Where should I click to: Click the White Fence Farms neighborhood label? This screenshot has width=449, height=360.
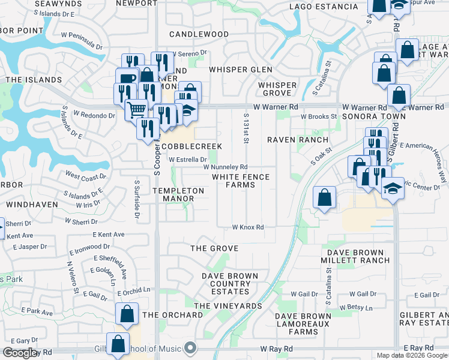pyautogui.click(x=241, y=181)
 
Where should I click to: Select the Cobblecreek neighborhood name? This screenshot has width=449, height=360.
pyautogui.click(x=192, y=146)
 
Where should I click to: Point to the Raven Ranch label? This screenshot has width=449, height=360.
pyautogui.click(x=294, y=139)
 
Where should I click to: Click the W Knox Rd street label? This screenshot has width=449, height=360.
pyautogui.click(x=249, y=227)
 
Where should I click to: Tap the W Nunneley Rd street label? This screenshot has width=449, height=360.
pyautogui.click(x=226, y=167)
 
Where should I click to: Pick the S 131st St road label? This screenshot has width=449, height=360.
pyautogui.click(x=246, y=128)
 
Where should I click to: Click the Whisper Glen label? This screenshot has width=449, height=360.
pyautogui.click(x=241, y=70)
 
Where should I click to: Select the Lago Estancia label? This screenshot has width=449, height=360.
pyautogui.click(x=324, y=7)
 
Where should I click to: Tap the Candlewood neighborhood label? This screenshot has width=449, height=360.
pyautogui.click(x=199, y=34)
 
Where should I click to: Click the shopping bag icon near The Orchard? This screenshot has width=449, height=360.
pyautogui.click(x=127, y=314)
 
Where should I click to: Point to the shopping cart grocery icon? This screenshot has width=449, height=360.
pyautogui.click(x=137, y=109)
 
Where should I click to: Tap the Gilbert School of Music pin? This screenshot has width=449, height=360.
pyautogui.click(x=191, y=347)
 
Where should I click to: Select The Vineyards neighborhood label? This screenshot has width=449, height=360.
pyautogui.click(x=228, y=306)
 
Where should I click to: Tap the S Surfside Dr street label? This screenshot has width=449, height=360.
pyautogui.click(x=137, y=192)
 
